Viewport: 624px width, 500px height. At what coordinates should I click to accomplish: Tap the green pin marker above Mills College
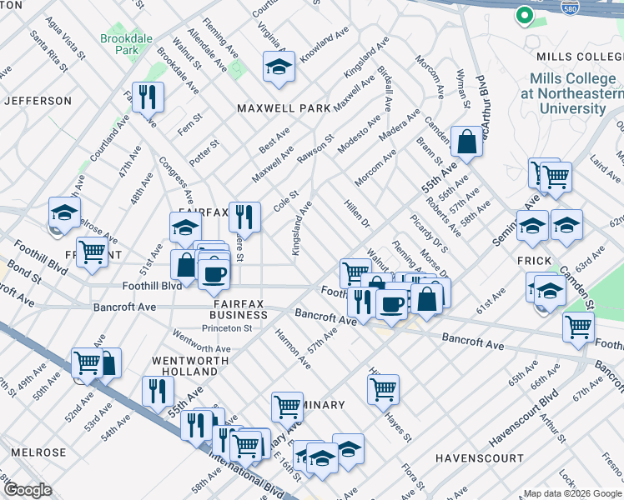[x=524, y=15]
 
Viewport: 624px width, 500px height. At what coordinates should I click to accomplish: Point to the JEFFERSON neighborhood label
[x=38, y=101]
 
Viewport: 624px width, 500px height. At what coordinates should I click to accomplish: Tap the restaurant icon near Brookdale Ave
[x=148, y=97]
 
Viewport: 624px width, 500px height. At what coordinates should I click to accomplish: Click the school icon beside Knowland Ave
[x=279, y=67]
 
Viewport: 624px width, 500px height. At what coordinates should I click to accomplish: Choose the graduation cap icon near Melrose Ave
[x=64, y=213]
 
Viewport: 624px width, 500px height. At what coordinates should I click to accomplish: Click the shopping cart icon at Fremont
[x=93, y=251]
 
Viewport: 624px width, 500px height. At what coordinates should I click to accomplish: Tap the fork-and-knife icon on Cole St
[x=244, y=217]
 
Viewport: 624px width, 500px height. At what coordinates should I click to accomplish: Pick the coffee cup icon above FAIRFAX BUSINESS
[x=214, y=274]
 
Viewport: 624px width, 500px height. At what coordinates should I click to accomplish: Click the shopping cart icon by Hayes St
[x=383, y=387]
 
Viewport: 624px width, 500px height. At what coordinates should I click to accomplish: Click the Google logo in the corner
[x=28, y=491]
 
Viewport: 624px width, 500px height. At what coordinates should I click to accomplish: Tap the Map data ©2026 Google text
[x=571, y=493]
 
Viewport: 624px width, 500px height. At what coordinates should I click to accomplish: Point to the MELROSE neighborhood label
[x=38, y=452]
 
